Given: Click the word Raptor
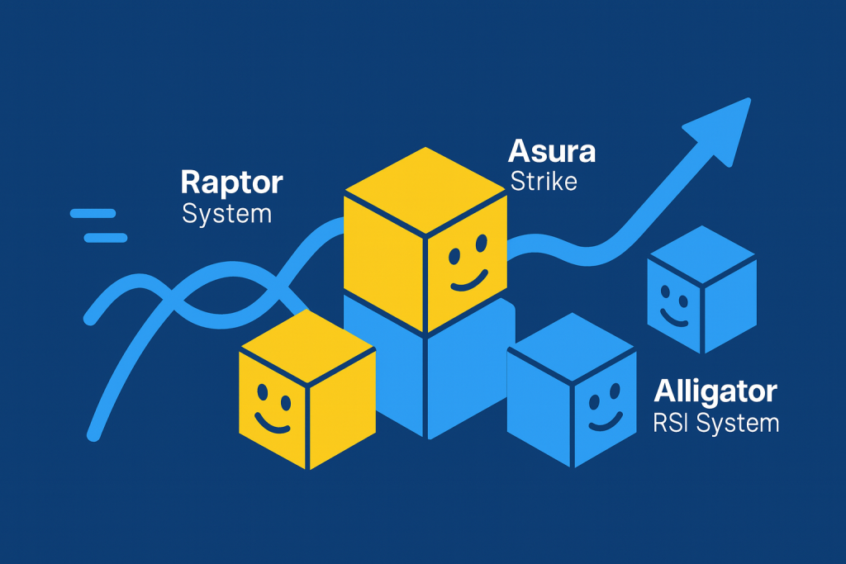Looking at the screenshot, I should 231,182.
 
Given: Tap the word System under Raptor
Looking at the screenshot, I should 226,214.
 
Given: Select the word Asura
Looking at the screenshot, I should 552,151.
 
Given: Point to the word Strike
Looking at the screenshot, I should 543,181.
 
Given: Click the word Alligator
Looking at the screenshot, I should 715,391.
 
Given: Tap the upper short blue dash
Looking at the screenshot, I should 92,213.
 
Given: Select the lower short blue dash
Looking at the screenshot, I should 106,238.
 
